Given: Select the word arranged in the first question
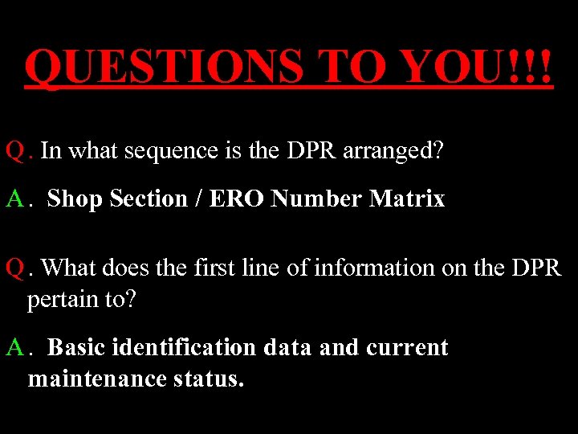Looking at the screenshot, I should coord(393,152).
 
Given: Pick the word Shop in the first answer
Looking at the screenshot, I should coord(75,199).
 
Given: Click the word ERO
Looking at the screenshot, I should coord(237,199).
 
